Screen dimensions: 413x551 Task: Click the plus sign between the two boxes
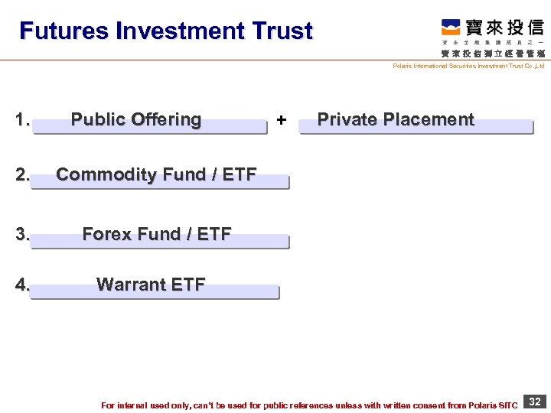click(282, 120)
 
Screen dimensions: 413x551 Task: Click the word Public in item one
click(97, 119)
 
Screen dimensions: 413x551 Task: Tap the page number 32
click(536, 402)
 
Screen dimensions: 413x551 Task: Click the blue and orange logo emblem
click(451, 28)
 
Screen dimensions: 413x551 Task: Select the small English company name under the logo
click(468, 67)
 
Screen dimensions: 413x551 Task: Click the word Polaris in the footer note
click(484, 405)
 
